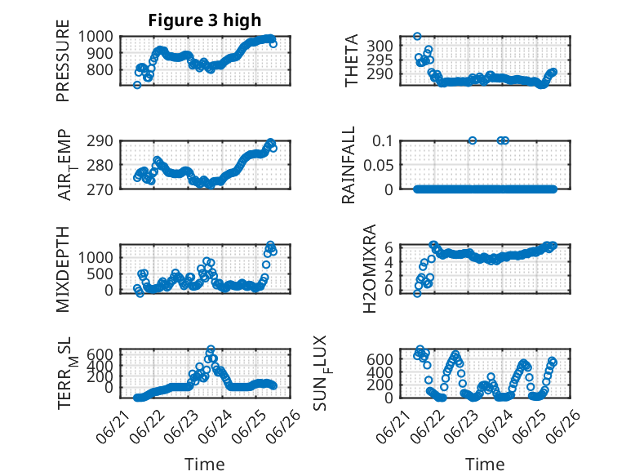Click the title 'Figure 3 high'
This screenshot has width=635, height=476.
click(x=205, y=20)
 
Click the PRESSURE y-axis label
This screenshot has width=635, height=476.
click(x=63, y=60)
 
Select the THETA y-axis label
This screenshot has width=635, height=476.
click(x=352, y=60)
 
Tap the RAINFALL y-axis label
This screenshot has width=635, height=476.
click(x=349, y=164)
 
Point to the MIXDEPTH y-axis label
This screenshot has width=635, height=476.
click(x=63, y=269)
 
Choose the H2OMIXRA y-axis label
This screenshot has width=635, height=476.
click(x=370, y=269)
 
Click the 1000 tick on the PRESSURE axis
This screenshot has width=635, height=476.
click(x=95, y=37)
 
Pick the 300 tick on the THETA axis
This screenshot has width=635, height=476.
click(x=380, y=46)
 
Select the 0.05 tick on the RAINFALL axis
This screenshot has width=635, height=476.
click(x=378, y=165)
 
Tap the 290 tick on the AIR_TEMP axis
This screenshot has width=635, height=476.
click(x=100, y=141)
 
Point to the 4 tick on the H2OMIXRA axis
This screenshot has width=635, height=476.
click(x=389, y=261)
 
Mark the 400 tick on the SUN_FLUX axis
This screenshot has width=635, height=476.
click(x=380, y=371)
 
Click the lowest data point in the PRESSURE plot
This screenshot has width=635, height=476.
click(x=137, y=85)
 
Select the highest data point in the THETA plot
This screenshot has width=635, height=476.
click(x=417, y=37)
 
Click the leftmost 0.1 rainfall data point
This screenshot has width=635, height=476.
click(x=473, y=140)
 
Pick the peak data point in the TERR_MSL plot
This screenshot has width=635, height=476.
click(x=211, y=349)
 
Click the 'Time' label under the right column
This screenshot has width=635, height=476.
click(x=485, y=464)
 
